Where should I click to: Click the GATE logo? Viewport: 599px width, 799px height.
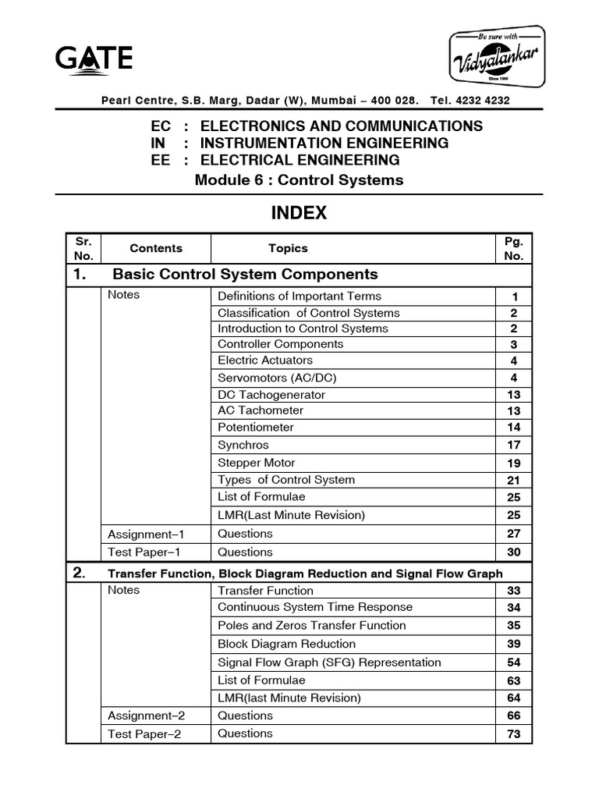[x=94, y=59]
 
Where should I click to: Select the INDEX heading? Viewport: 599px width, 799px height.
[x=299, y=213]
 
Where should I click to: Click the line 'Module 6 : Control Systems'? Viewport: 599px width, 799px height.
[x=299, y=180]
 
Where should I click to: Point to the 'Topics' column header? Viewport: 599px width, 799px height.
[x=288, y=248]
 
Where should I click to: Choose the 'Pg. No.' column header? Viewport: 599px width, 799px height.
[x=514, y=248]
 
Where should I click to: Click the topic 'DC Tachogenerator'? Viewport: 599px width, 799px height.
[x=271, y=394]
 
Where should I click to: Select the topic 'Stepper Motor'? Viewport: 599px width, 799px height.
[x=257, y=463]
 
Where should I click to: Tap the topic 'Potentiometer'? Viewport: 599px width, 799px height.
[x=256, y=428]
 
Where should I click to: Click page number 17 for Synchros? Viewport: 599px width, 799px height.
[x=514, y=446]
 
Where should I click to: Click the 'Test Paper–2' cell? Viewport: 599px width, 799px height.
[x=144, y=733]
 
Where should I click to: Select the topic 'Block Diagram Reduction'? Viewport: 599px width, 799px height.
[x=286, y=644]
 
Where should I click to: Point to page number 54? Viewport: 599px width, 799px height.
[x=514, y=662]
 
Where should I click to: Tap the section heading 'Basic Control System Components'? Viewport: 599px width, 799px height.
[x=245, y=274]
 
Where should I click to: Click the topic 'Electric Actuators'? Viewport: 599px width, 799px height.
[x=265, y=360]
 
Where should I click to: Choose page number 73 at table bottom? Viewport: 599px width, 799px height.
[x=514, y=734]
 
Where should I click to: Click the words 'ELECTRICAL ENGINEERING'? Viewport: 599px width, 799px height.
[x=300, y=160]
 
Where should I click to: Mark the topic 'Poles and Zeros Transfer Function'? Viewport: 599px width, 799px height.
[x=312, y=625]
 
